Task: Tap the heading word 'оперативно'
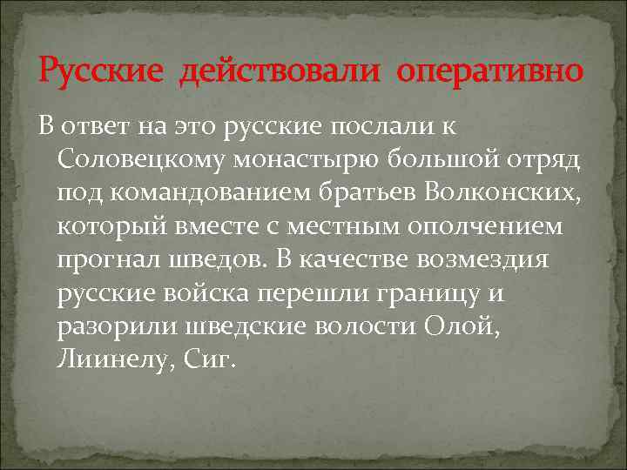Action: click(489, 70)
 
